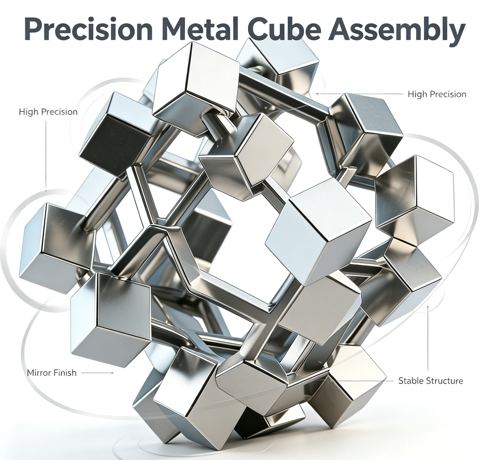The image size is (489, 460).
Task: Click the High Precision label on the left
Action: [x=48, y=112]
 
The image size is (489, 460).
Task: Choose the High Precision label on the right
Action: [x=437, y=94]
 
